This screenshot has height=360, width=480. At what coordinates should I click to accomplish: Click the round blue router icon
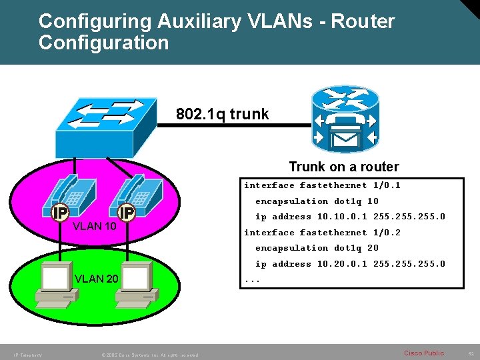344,120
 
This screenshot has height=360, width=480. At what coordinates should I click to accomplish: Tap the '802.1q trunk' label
223,114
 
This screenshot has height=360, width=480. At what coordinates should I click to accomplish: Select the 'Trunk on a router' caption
344,167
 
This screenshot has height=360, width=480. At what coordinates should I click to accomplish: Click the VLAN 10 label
95,226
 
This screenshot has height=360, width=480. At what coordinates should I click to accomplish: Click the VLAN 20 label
97,279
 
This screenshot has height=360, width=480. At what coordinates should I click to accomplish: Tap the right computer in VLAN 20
133,285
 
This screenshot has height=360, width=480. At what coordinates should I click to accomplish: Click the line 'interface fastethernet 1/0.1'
322,185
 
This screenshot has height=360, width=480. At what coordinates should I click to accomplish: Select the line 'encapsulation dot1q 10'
317,201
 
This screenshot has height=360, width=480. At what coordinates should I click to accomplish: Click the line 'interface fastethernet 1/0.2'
322,232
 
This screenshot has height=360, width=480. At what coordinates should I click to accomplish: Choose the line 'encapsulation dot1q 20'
317,248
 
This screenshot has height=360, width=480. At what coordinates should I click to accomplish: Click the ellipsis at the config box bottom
252,279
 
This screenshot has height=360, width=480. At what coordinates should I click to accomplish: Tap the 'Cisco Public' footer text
424,353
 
